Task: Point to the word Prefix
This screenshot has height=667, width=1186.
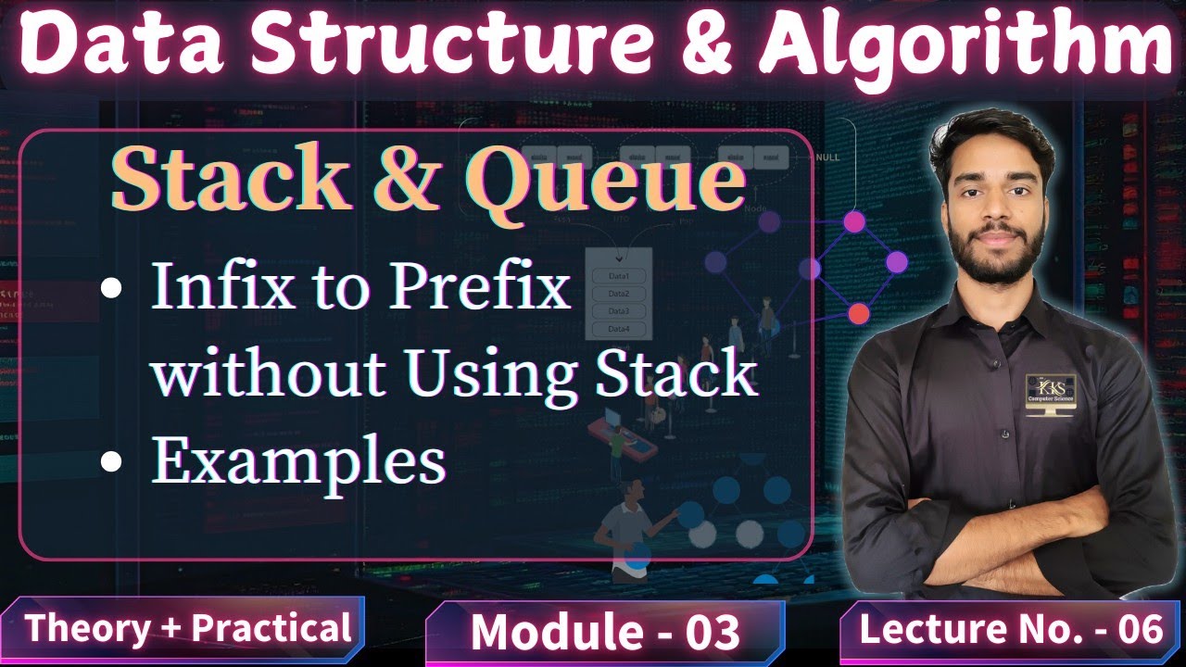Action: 479,288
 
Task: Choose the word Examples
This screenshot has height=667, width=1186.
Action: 298,460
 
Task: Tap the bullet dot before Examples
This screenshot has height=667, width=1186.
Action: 111,460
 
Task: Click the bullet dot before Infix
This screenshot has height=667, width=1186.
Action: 111,289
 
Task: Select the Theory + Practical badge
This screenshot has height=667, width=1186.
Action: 187,628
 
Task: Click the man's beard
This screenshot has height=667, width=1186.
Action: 993,260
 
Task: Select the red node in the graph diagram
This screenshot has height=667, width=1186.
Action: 859,313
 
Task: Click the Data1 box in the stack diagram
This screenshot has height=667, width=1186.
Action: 619,276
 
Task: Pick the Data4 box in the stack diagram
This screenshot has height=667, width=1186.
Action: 619,329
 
